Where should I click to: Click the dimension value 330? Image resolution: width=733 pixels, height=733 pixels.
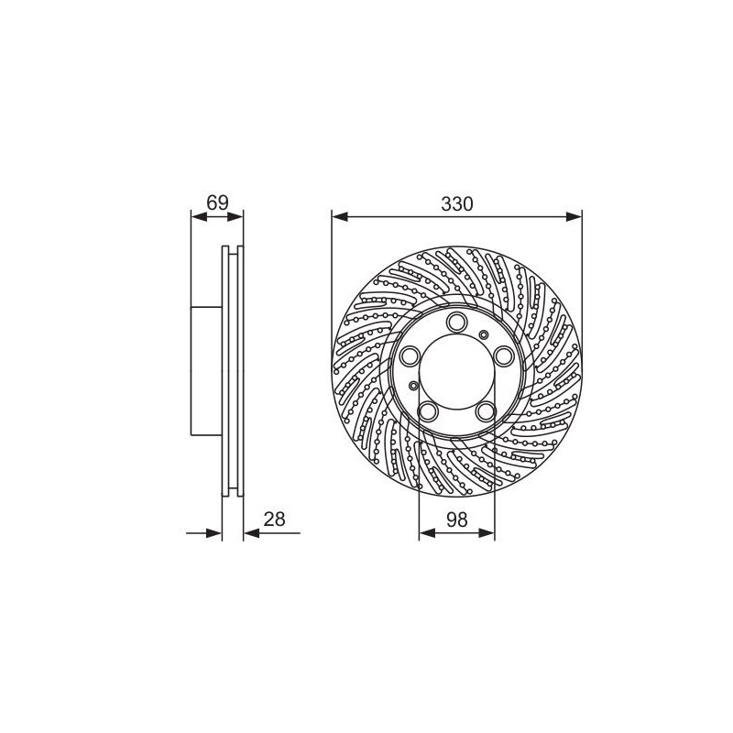456,204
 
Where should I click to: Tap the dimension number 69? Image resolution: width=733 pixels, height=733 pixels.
217,203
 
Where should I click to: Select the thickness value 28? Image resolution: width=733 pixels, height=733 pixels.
274,520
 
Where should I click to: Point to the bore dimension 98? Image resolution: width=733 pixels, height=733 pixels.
456,520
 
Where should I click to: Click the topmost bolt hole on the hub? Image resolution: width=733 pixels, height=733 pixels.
456,323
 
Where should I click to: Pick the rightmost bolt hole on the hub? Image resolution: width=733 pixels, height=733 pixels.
505,356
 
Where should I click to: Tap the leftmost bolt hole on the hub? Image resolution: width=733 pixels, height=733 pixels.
410,356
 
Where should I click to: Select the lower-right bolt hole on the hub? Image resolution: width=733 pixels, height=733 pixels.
486,411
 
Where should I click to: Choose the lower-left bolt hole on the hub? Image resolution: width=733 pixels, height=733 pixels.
428,411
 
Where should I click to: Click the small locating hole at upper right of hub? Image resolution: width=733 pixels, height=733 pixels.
484,334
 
